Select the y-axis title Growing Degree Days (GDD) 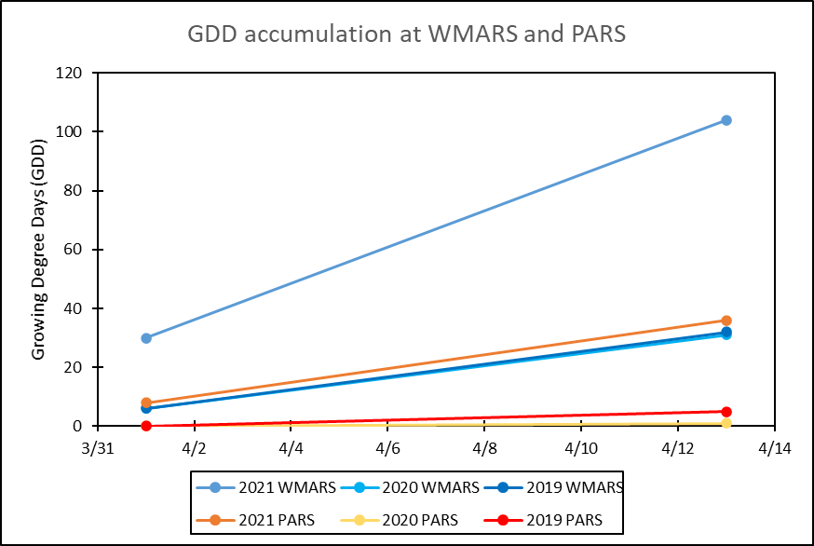(38, 250)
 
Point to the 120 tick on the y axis (70, 73)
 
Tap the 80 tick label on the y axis (74, 191)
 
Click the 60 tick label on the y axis (74, 250)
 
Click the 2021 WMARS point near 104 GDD (726, 120)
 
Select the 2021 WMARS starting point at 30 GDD (146, 338)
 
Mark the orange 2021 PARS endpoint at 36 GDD (726, 321)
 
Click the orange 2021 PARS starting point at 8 (146, 403)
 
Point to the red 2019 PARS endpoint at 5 (726, 412)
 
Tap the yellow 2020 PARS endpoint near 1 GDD (726, 423)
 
